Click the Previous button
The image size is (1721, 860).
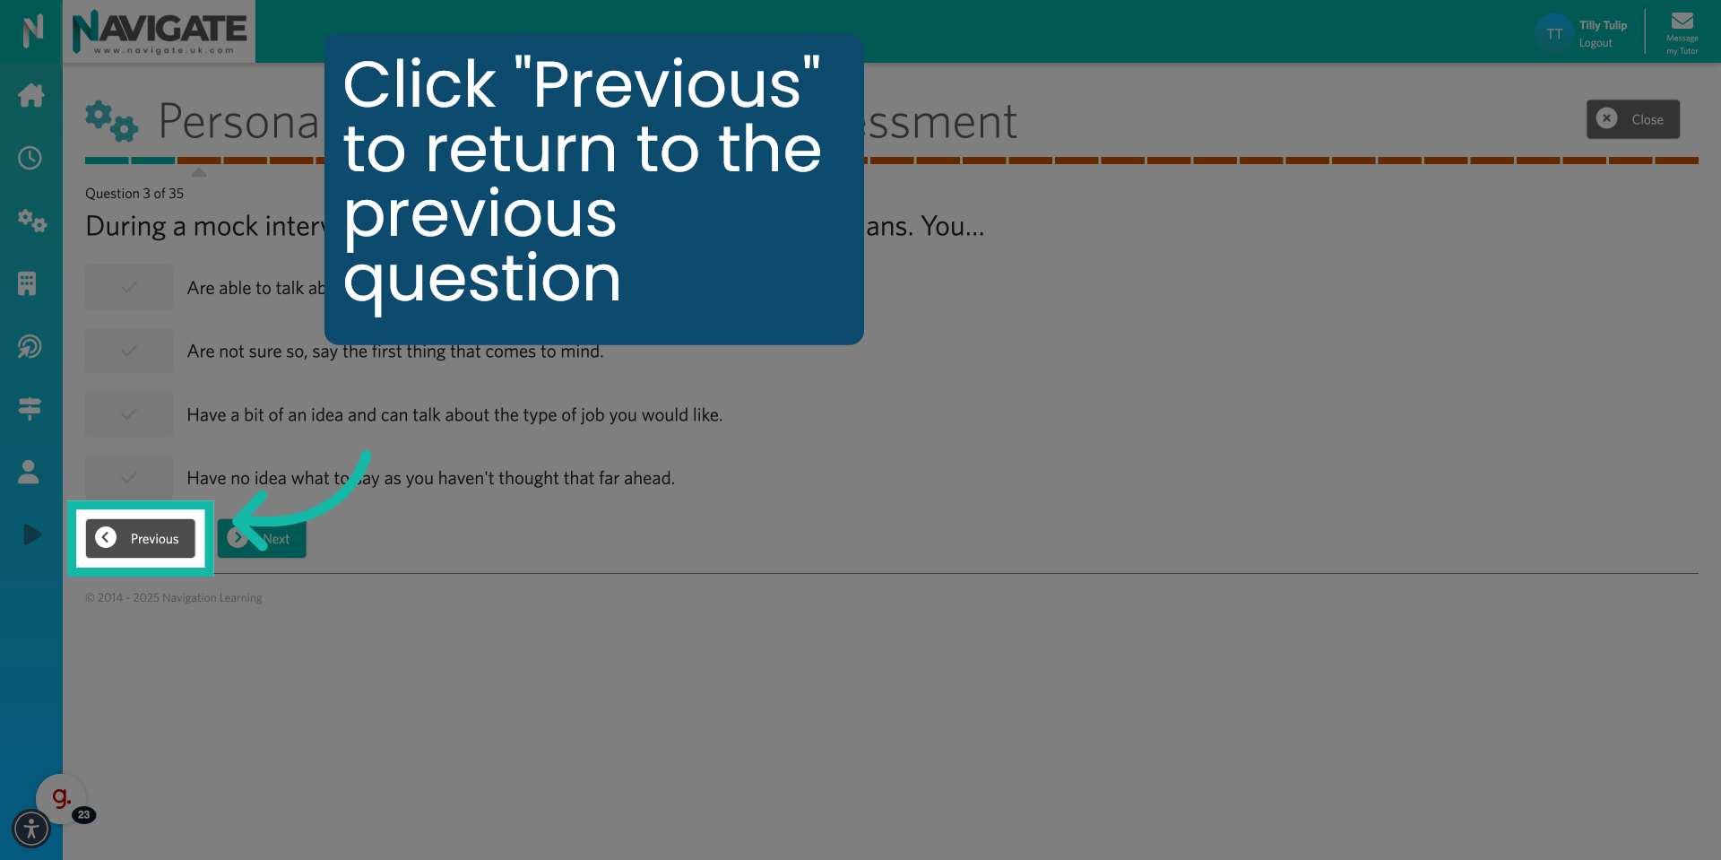[141, 538]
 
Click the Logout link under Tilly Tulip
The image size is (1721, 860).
[1595, 43]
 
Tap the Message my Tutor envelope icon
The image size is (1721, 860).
[1682, 22]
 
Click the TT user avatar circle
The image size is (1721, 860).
[1553, 33]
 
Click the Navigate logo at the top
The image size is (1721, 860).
[160, 31]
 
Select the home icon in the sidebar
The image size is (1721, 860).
[30, 95]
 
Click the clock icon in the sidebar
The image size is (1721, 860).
[30, 158]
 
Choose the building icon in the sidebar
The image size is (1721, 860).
[27, 283]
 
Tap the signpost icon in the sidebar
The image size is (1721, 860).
[30, 409]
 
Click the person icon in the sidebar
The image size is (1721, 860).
[29, 472]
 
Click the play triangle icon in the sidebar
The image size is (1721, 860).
[31, 534]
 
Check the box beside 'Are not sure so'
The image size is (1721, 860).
[129, 351]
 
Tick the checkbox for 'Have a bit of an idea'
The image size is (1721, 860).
[129, 414]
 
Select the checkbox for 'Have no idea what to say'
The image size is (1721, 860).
[129, 477]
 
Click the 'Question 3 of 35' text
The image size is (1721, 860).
[134, 194]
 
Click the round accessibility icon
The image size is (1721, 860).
[31, 829]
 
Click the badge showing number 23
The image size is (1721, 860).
[84, 814]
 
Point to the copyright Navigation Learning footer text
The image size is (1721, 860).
[174, 598]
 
